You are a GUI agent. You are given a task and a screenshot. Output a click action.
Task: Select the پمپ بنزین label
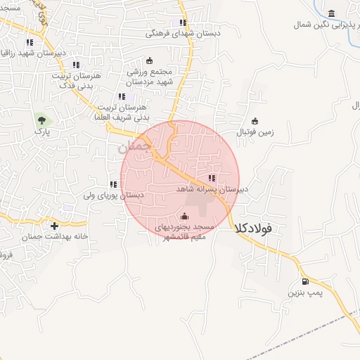click(306, 292)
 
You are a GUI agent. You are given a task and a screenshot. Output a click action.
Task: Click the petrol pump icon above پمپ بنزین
click(295, 281)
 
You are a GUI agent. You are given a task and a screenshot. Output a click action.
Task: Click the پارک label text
click(45, 132)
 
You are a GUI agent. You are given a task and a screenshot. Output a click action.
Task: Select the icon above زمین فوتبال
click(255, 120)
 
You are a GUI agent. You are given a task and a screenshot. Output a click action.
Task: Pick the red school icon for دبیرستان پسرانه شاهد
click(212, 178)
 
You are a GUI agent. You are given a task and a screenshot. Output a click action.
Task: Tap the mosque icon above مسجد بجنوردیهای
click(184, 216)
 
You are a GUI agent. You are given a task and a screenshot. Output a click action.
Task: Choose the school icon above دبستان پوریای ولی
click(113, 184)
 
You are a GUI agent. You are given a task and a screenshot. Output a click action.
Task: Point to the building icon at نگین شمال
click(331, 13)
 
